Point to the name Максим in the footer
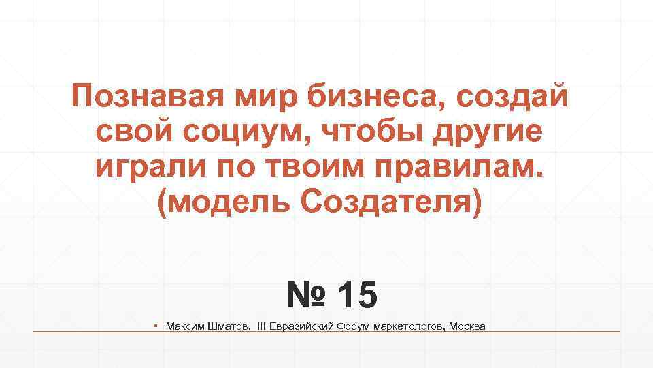click(184, 327)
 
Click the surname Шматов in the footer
click(229, 327)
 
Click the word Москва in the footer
click(468, 327)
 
